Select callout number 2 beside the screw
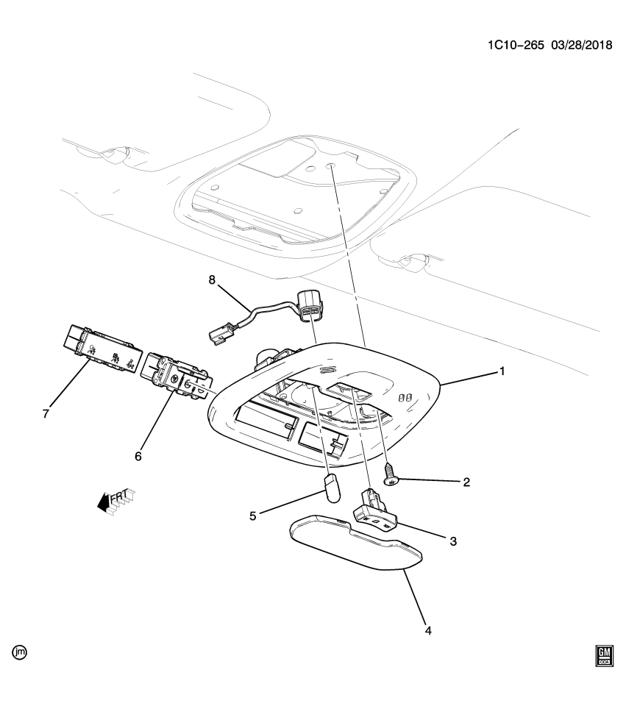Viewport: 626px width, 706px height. (x=466, y=482)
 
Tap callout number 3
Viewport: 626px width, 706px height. (x=453, y=541)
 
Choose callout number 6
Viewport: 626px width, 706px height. (x=138, y=456)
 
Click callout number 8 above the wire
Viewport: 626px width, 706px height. (x=213, y=280)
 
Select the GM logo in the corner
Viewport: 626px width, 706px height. (x=605, y=654)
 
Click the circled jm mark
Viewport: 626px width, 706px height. (x=19, y=652)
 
